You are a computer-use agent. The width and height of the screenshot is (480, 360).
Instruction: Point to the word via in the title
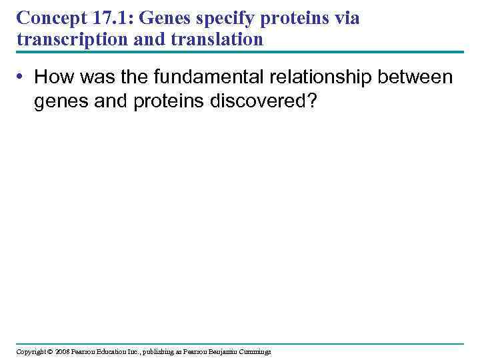tap(347, 18)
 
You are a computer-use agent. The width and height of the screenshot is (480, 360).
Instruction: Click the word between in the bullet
tap(416, 77)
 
